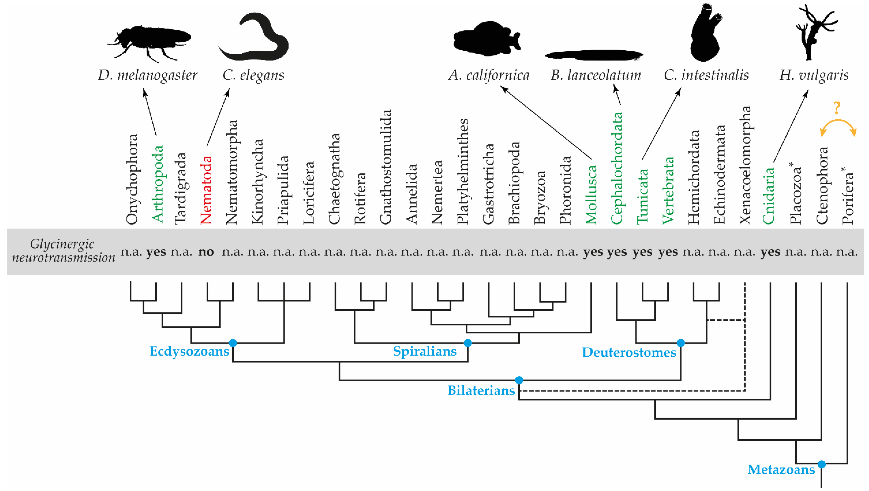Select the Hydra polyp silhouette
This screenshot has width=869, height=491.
point(815,32)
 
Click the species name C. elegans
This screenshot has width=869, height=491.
point(253,75)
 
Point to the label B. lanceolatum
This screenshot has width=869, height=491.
point(596,75)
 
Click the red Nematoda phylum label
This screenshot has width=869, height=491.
point(206,190)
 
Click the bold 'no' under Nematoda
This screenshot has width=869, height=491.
point(206,252)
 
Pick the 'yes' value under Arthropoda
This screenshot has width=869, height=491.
point(156,252)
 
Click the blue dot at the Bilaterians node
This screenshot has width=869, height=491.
point(519,380)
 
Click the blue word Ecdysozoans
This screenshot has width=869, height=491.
point(189,351)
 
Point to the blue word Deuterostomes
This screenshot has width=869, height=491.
point(629,352)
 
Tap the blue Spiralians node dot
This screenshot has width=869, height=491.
point(467,343)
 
